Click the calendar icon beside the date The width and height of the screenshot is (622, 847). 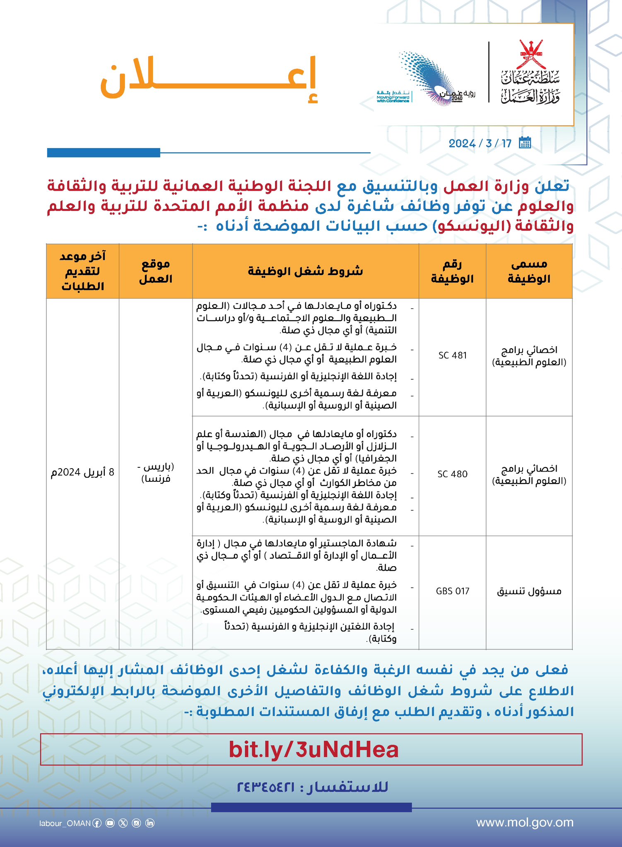point(525,143)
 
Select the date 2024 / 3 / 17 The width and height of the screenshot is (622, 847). point(480,144)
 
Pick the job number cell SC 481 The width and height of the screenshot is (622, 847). point(452,355)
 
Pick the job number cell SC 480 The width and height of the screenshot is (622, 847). point(452,474)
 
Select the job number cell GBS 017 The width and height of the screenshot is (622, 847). point(452,591)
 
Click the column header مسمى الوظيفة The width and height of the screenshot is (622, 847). point(529,271)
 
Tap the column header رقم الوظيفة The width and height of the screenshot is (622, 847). point(452,271)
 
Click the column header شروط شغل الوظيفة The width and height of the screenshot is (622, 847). point(305,271)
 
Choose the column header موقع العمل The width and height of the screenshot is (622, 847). point(155,271)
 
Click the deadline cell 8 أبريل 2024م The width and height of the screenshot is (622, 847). point(82,472)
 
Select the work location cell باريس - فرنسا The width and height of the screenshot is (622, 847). point(155,473)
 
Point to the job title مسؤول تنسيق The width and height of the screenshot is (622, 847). point(529,591)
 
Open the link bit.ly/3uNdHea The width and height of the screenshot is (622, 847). point(313,750)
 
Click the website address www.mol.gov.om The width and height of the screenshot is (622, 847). point(525,823)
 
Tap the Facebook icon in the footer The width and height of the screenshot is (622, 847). point(96,823)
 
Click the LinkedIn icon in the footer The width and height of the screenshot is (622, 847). point(150,823)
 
